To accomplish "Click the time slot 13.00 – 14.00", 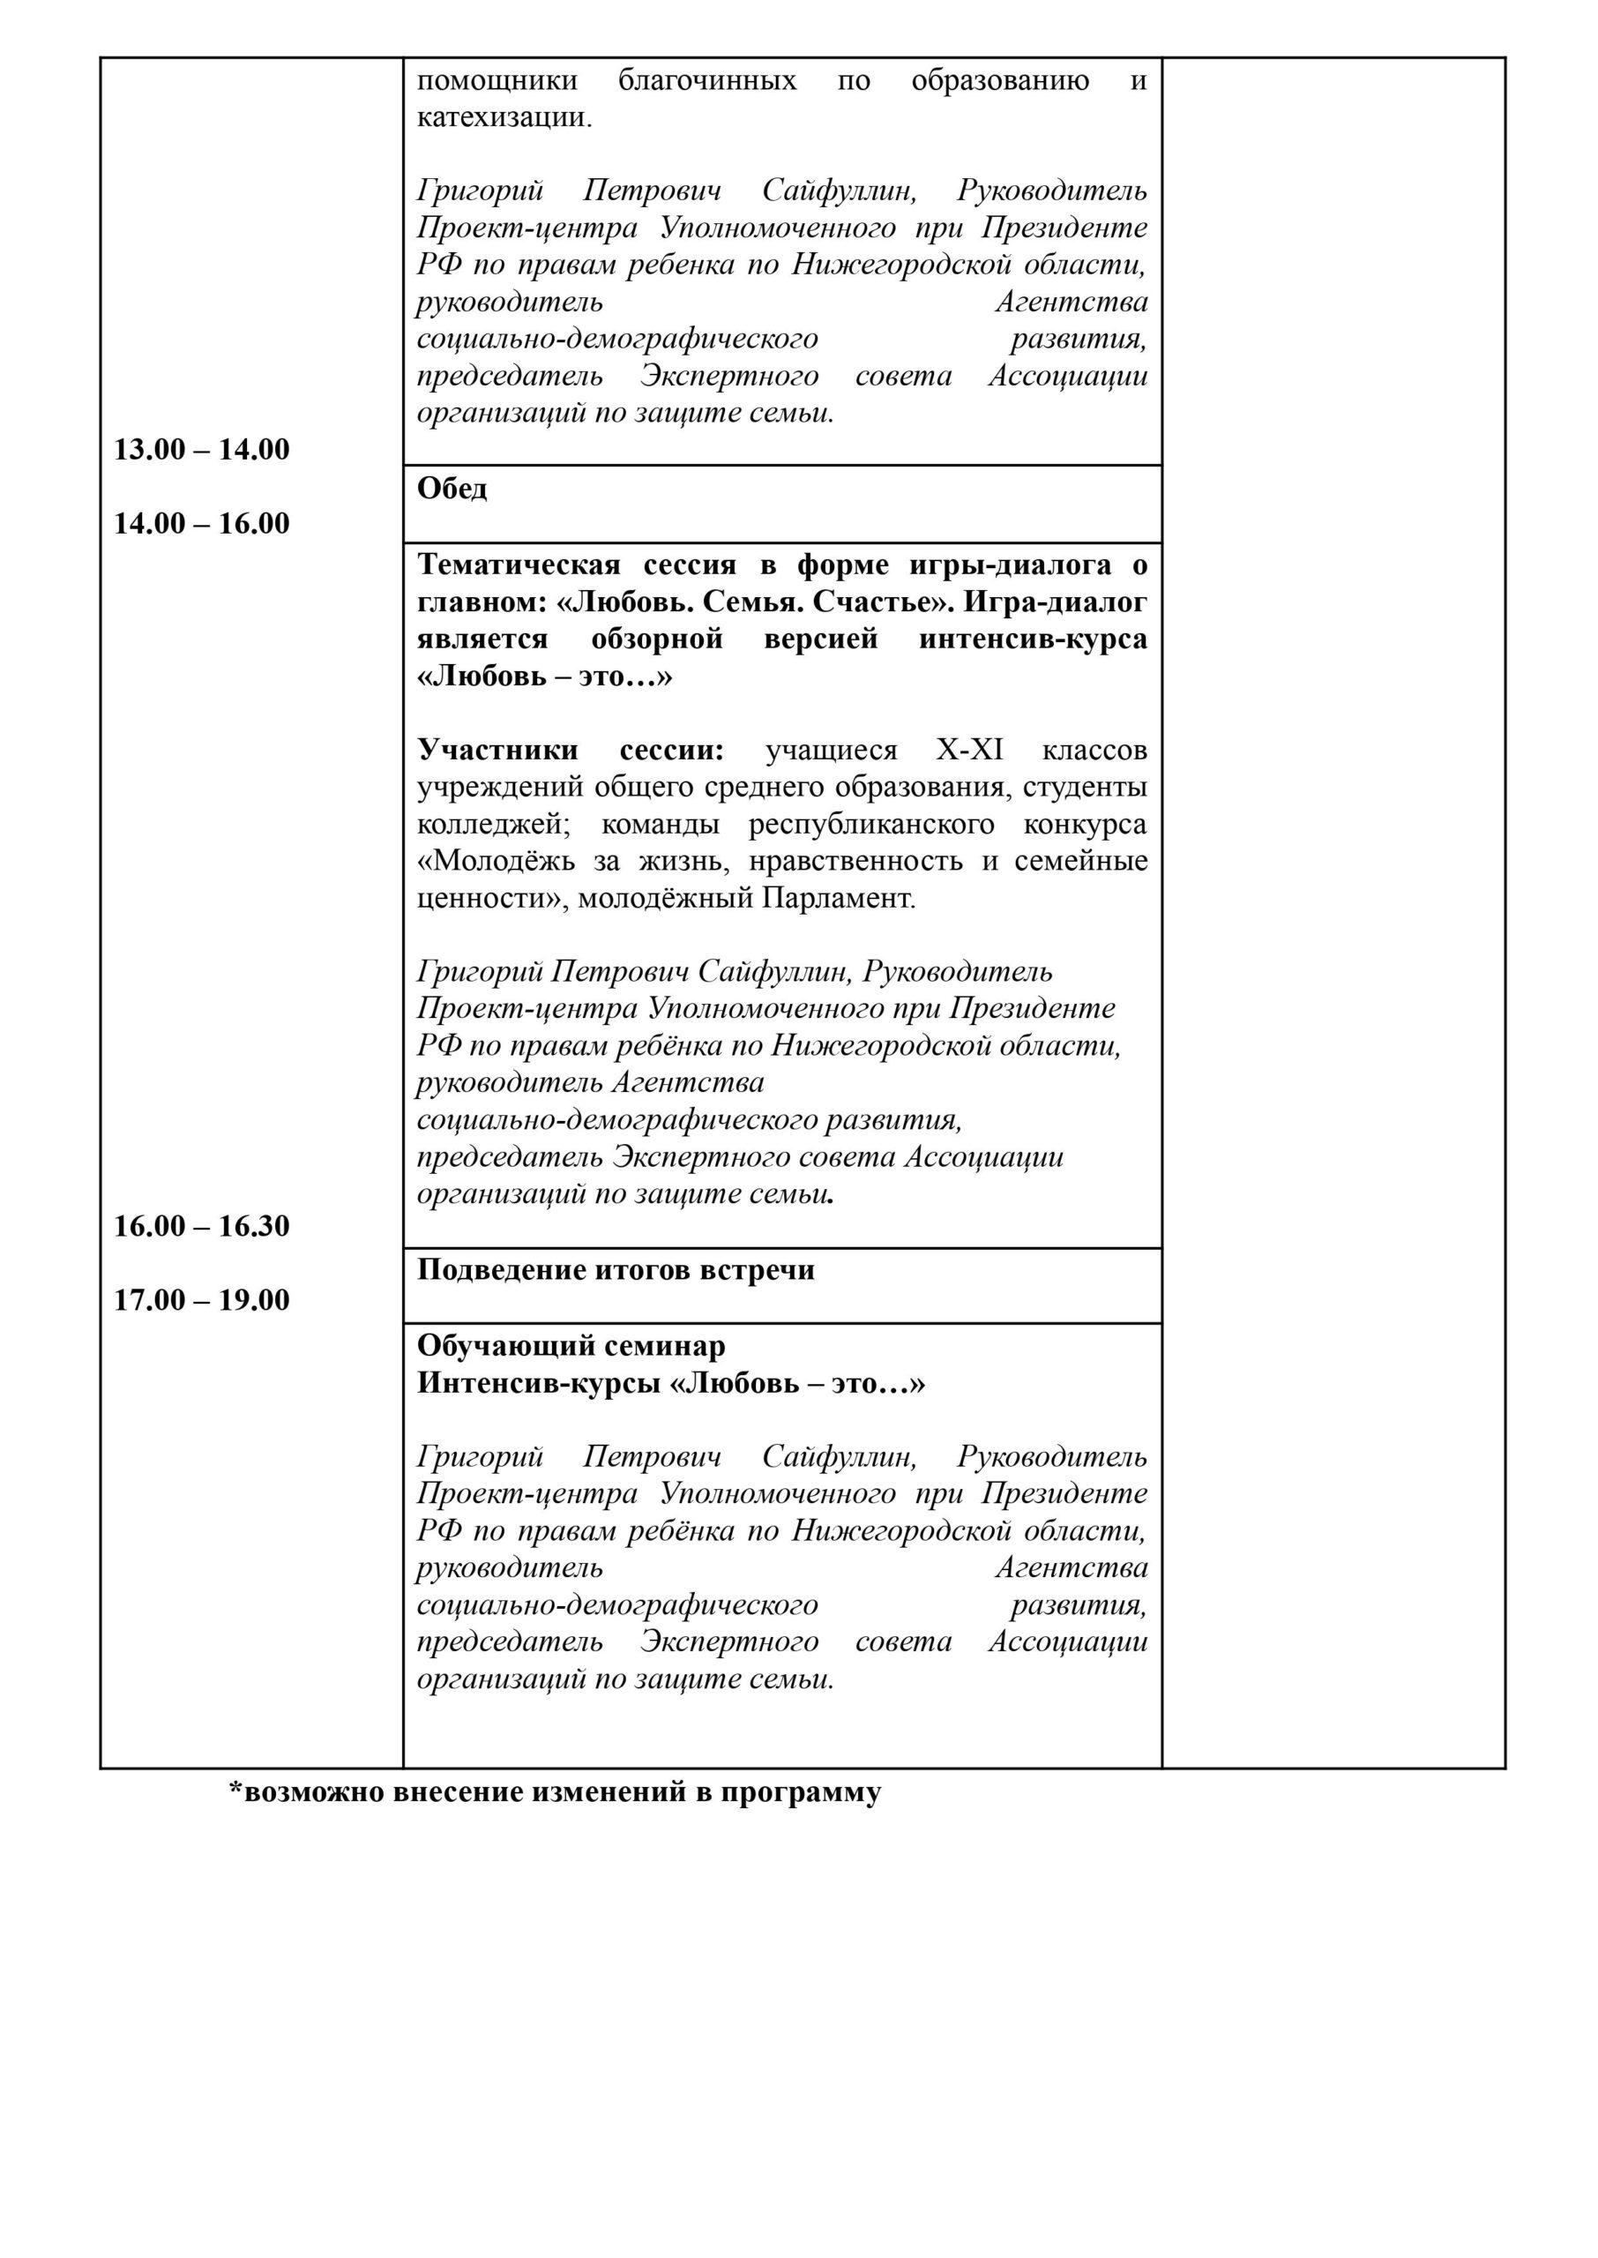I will [x=202, y=450].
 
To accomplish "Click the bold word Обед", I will [x=452, y=488].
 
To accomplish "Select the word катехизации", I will [x=503, y=117].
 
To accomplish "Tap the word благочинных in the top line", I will [x=706, y=79].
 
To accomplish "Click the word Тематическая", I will [x=519, y=564].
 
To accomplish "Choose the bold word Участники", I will [x=497, y=750].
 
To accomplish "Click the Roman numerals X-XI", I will [x=969, y=750].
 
